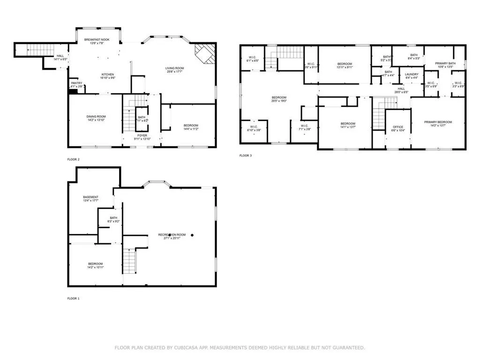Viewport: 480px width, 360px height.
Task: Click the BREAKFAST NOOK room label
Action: [97, 40]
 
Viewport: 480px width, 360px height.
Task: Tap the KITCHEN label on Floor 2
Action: [108, 75]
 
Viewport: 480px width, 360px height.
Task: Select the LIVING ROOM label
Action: [174, 68]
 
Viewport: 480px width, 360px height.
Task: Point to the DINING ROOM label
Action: [96, 117]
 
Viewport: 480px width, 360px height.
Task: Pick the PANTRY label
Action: [76, 83]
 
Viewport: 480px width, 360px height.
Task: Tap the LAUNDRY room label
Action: [412, 75]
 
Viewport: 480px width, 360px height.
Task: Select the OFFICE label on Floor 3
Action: [398, 127]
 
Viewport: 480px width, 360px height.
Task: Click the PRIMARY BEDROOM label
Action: [438, 122]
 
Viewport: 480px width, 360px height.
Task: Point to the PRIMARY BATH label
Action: [445, 63]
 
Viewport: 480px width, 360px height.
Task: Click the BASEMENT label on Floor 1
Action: [90, 197]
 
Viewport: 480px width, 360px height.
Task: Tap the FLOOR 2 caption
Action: [73, 160]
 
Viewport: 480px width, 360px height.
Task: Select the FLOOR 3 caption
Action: [246, 156]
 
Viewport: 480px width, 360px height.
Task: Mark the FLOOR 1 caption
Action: [73, 298]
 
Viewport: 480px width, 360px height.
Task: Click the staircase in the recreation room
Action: [129, 262]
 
